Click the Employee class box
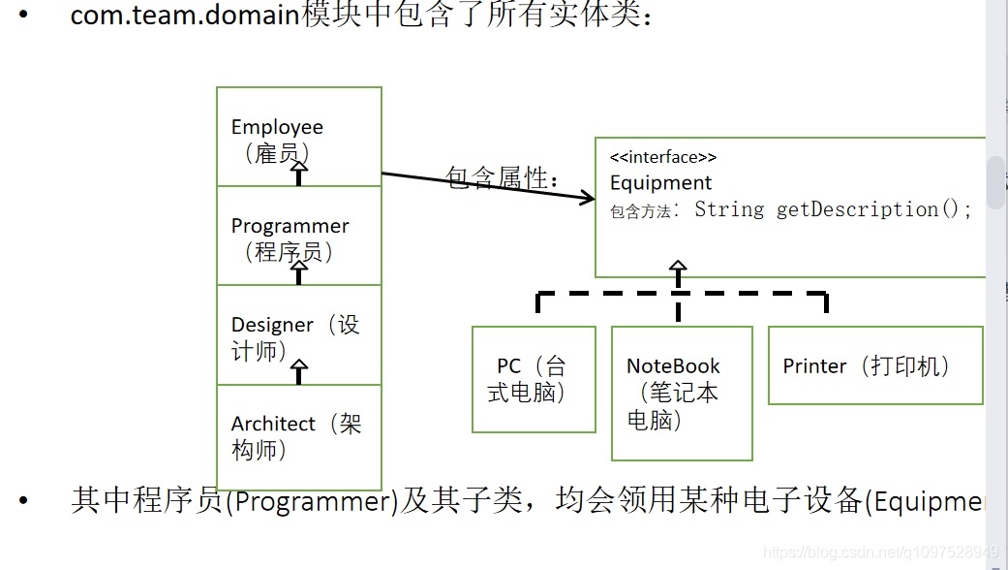tap(298, 137)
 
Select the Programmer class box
tap(298, 236)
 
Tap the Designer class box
tap(298, 335)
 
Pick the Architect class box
tap(298, 437)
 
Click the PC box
tap(534, 379)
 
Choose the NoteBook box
tap(682, 393)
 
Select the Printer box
tap(875, 365)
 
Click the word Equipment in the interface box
tap(660, 182)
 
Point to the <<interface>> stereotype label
tap(663, 157)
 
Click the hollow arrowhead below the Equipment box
tap(678, 267)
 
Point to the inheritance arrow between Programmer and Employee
tap(299, 172)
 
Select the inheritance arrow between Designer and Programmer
tap(299, 270)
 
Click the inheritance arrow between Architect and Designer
tap(299, 370)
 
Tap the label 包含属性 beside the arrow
tap(501, 178)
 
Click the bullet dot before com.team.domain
tap(23, 16)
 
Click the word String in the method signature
tap(728, 209)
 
